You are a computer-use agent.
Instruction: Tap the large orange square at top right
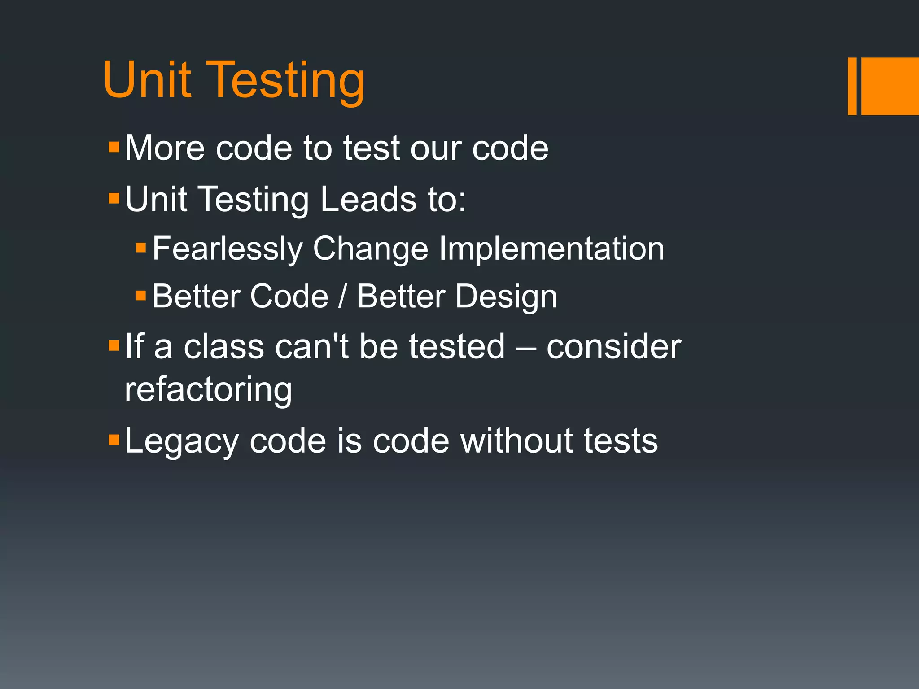pyautogui.click(x=889, y=86)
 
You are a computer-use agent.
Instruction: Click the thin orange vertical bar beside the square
pyautogui.click(x=852, y=86)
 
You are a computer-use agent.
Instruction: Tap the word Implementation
pyautogui.click(x=551, y=249)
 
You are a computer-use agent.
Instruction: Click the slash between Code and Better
pyautogui.click(x=343, y=297)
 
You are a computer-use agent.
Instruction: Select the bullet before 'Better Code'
pyautogui.click(x=141, y=295)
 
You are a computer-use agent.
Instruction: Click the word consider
pyautogui.click(x=613, y=347)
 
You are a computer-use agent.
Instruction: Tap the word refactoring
pyautogui.click(x=208, y=389)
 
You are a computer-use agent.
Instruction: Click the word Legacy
pyautogui.click(x=181, y=441)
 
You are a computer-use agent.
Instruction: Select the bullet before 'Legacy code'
pyautogui.click(x=114, y=439)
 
